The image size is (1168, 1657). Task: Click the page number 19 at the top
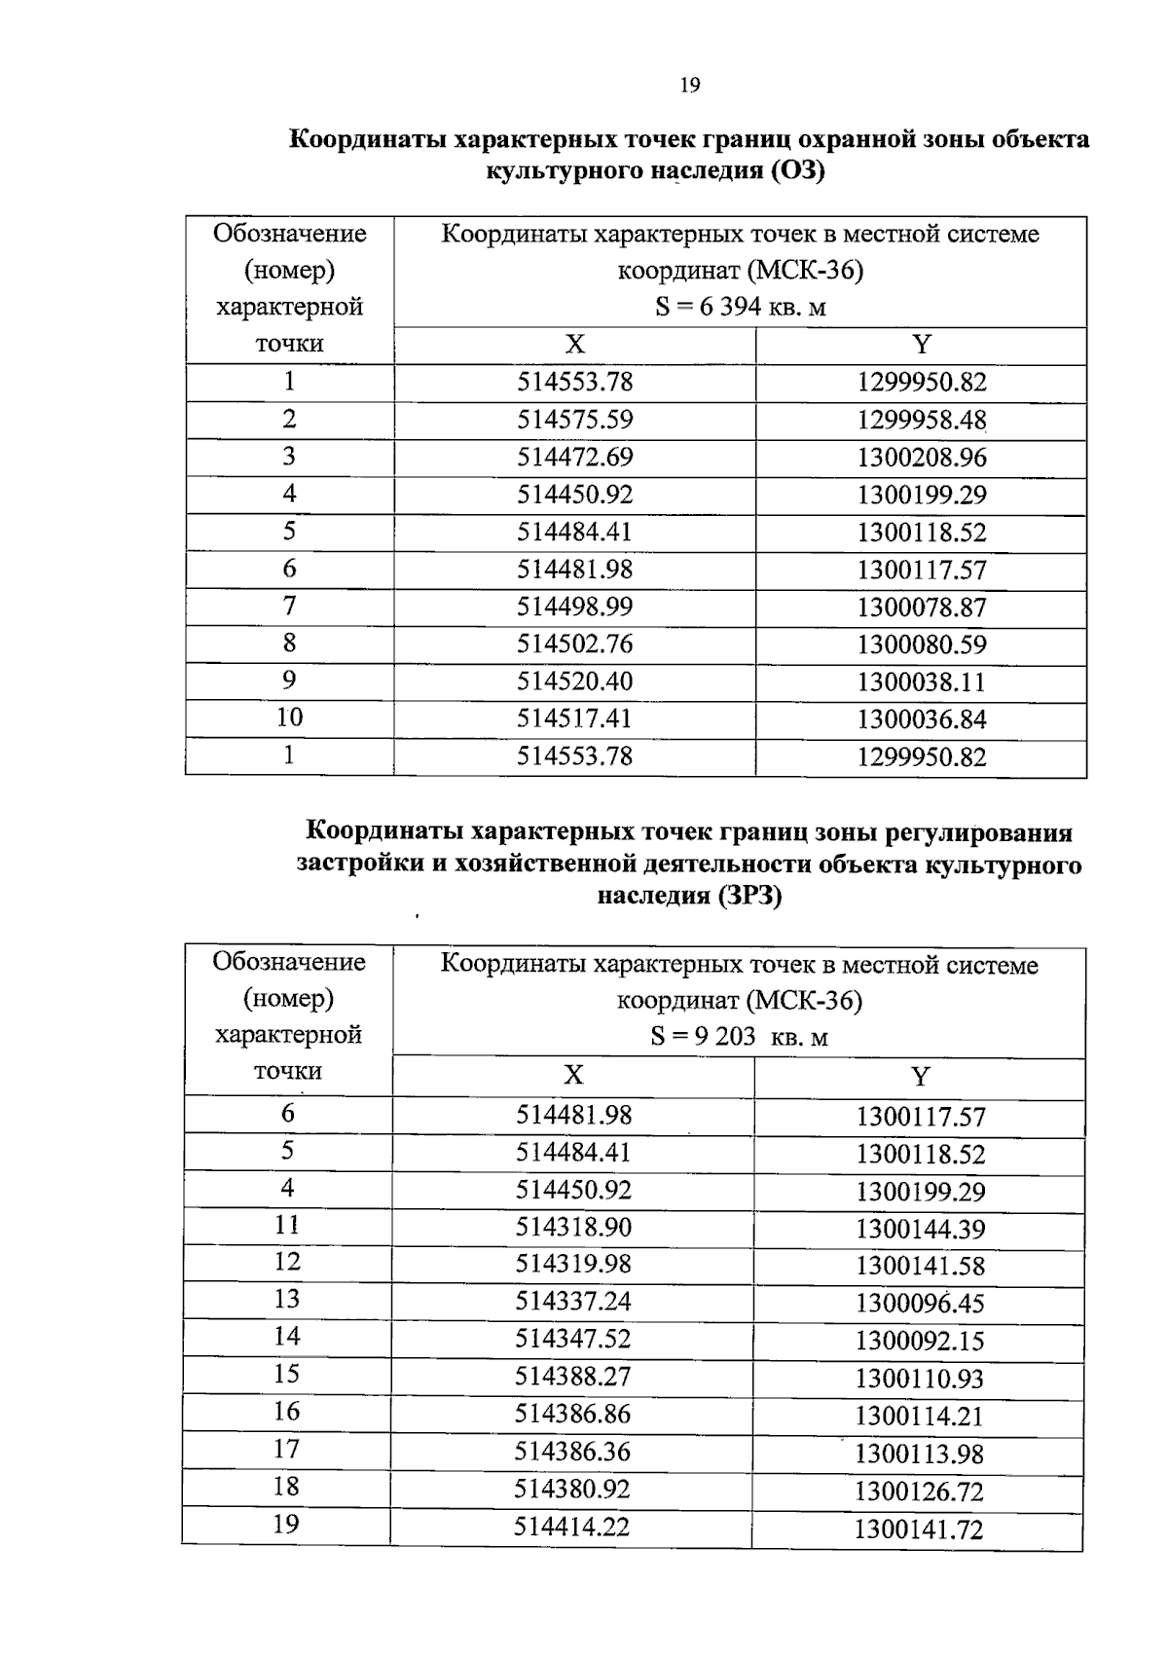tap(689, 86)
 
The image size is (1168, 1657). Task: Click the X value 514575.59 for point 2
tap(574, 420)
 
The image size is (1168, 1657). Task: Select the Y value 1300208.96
tap(921, 458)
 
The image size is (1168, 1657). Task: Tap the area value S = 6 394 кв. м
tap(741, 308)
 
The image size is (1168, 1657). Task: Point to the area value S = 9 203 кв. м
tap(739, 1037)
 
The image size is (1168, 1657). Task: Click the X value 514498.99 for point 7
tap(574, 607)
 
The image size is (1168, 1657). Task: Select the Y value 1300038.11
tap(921, 681)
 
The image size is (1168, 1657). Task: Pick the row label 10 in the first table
tap(289, 718)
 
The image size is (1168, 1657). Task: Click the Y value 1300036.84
tap(921, 719)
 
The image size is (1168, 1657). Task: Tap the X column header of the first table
tap(575, 345)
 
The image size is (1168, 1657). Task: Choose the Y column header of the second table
tap(920, 1077)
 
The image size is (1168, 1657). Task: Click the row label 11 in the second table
tap(286, 1225)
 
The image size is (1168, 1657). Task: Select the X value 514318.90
tap(573, 1227)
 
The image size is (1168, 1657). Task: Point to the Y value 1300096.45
tap(920, 1303)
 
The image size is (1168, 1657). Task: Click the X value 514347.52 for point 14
tap(573, 1339)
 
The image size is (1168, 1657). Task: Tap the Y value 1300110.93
tap(920, 1379)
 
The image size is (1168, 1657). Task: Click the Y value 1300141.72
tap(919, 1529)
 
